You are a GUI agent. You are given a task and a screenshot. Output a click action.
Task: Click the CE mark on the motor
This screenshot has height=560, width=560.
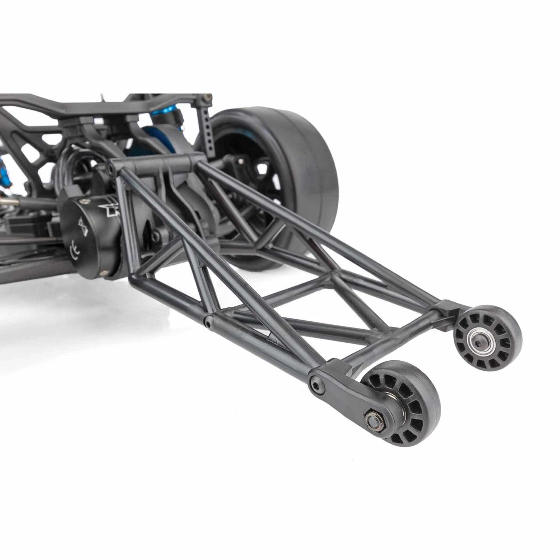point(73,250)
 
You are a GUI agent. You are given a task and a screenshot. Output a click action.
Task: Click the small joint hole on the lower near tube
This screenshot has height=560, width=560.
point(207,320)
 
